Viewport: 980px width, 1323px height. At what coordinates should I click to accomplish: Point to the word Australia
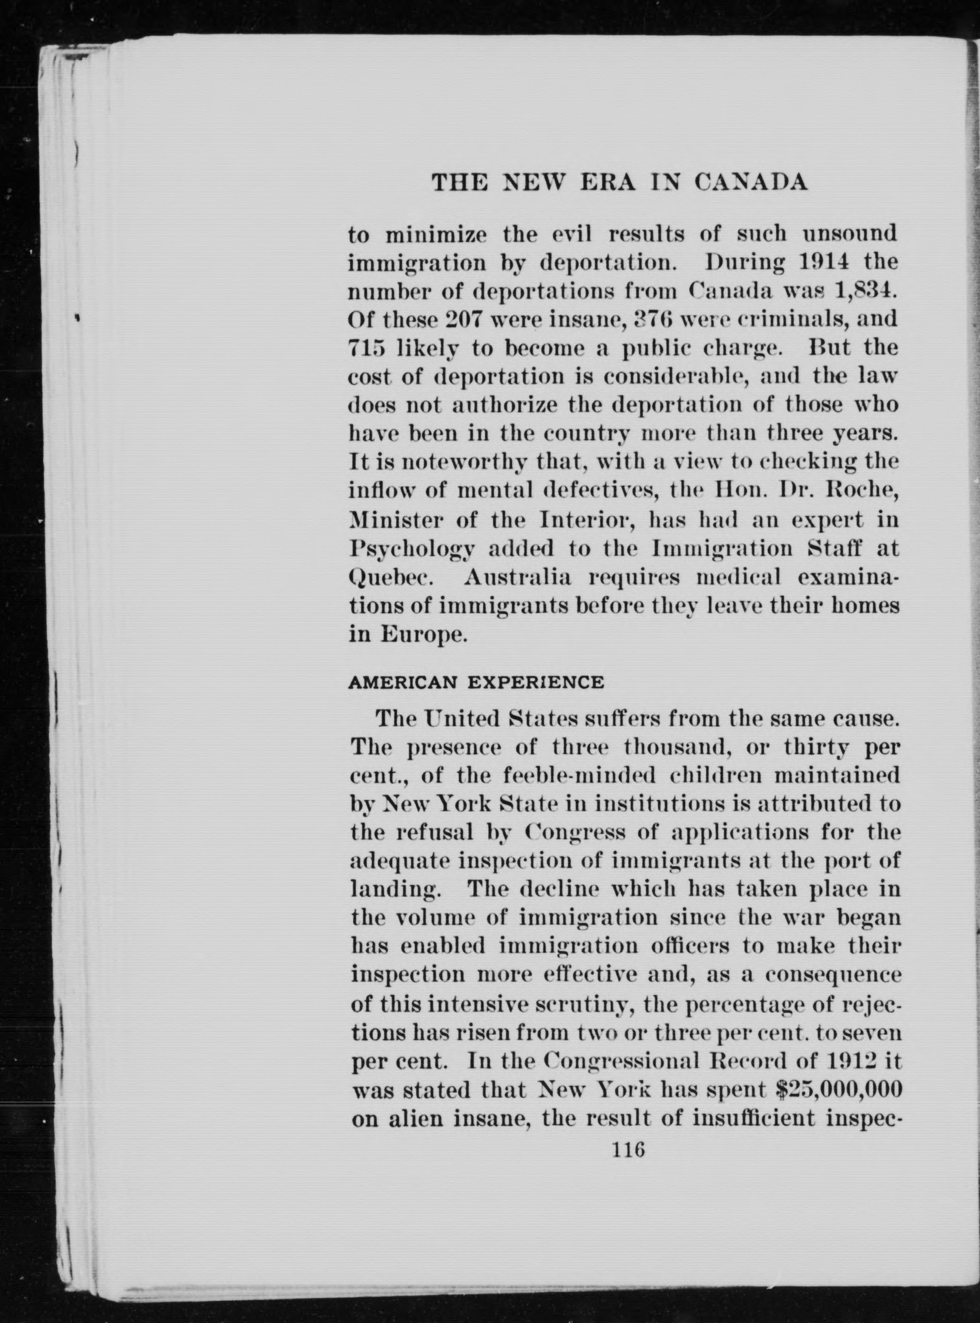[x=518, y=578]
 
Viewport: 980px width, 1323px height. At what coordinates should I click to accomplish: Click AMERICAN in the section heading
[x=402, y=683]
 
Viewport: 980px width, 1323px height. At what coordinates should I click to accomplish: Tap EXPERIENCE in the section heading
[x=536, y=683]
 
